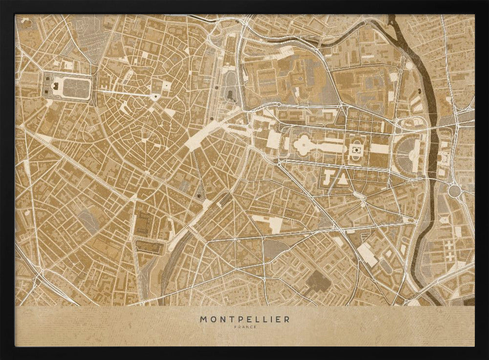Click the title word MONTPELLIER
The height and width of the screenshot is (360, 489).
[x=244, y=319]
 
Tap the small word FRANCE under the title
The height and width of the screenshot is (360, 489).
[x=244, y=327]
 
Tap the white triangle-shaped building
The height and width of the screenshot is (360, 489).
[x=343, y=179]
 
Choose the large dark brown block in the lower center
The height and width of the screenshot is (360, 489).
[x=318, y=281]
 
